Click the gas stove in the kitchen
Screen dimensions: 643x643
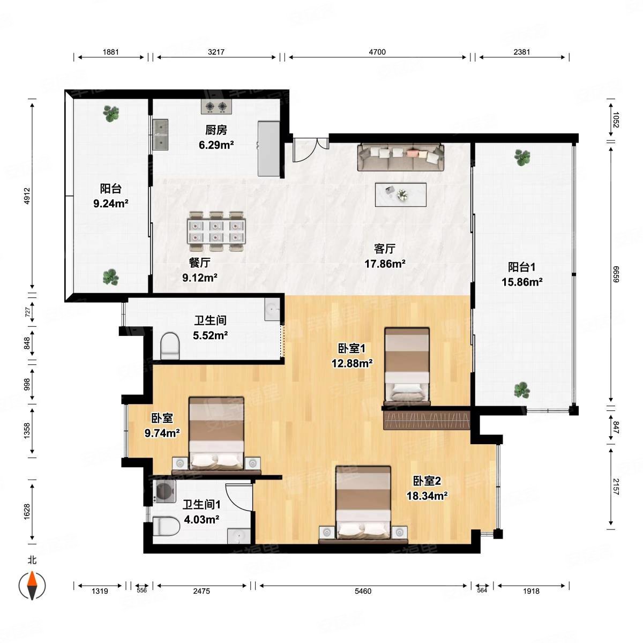[x=216, y=107]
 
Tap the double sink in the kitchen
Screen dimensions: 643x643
[x=161, y=134]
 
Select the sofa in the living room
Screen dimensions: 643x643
[x=401, y=157]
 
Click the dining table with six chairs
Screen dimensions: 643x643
[x=216, y=231]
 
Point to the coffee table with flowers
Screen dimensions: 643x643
[x=400, y=195]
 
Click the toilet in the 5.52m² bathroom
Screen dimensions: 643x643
[x=170, y=346]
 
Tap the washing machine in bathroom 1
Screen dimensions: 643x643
[x=164, y=491]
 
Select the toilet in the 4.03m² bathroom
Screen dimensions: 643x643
[x=166, y=526]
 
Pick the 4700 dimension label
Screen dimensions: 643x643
[x=377, y=52]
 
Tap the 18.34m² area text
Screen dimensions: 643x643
[x=427, y=496]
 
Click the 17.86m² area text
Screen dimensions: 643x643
[x=385, y=264]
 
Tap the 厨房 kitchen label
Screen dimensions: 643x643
[x=216, y=130]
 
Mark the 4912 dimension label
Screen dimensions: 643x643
[x=27, y=196]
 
